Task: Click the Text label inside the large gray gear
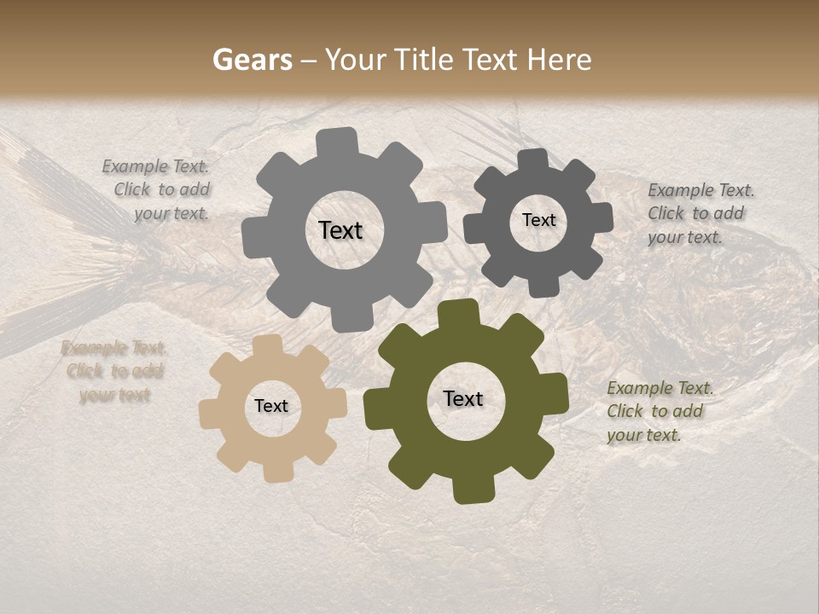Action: point(340,230)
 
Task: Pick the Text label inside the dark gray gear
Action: point(538,220)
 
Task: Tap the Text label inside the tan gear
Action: point(271,406)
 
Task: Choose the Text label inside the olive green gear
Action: point(463,399)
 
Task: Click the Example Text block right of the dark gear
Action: point(700,213)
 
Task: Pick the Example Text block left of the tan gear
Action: point(113,371)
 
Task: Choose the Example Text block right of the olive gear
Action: point(659,411)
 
